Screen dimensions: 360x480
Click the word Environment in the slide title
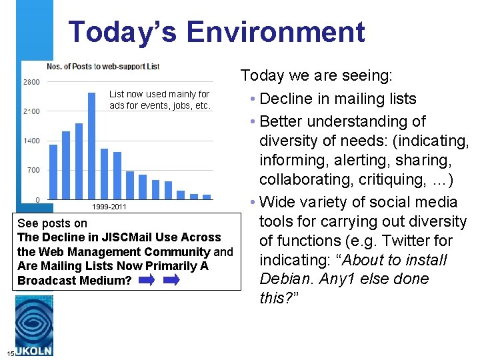click(275, 32)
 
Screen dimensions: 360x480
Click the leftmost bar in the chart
click(53, 171)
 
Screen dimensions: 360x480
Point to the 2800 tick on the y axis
click(31, 82)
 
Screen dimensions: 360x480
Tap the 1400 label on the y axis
click(31, 141)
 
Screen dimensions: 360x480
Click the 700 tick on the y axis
click(33, 170)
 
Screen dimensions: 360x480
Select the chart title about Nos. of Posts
click(103, 66)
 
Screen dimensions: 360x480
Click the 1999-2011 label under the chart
click(109, 207)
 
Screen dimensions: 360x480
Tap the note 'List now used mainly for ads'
click(159, 100)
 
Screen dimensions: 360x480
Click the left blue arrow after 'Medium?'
click(147, 281)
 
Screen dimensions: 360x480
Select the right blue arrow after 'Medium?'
click(171, 281)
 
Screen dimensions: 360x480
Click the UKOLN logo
click(34, 327)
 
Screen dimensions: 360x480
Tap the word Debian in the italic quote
click(287, 279)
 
